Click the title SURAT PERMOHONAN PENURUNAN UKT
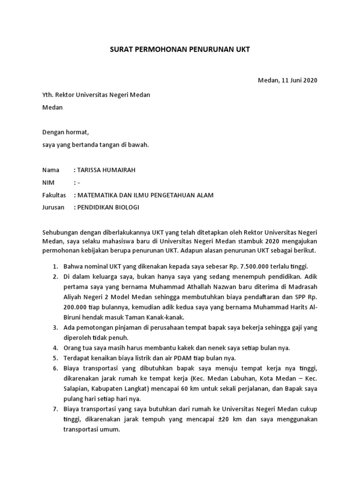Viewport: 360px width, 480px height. point(180,49)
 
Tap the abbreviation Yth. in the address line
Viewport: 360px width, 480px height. point(48,95)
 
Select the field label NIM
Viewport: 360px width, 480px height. point(49,183)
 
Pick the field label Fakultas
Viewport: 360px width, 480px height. point(54,195)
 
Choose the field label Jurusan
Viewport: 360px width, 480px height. point(53,208)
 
